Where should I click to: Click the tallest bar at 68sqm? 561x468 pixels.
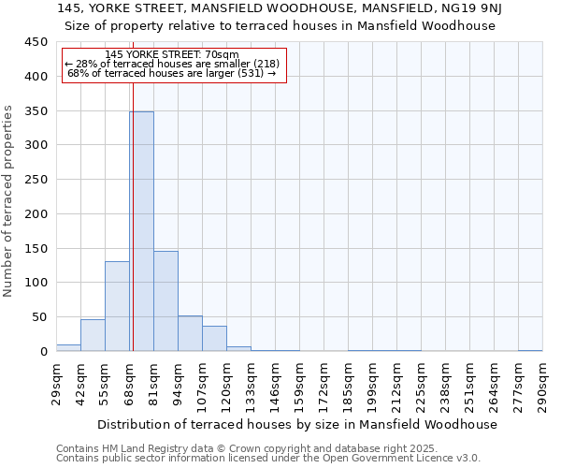click(x=141, y=231)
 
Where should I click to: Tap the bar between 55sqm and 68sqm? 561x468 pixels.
click(x=117, y=306)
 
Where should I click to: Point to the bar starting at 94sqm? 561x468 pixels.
click(x=190, y=333)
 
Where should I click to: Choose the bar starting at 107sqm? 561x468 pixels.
click(x=214, y=339)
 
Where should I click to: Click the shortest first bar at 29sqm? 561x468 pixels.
click(x=68, y=348)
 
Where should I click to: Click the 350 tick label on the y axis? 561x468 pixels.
click(x=36, y=111)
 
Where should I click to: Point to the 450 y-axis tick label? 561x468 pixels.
click(x=36, y=42)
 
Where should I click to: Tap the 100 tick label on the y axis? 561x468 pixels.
click(x=36, y=283)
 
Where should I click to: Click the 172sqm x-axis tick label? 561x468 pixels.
click(x=324, y=386)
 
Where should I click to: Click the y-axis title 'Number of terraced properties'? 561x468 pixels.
click(x=9, y=201)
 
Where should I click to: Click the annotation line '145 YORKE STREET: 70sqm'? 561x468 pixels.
click(x=173, y=55)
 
